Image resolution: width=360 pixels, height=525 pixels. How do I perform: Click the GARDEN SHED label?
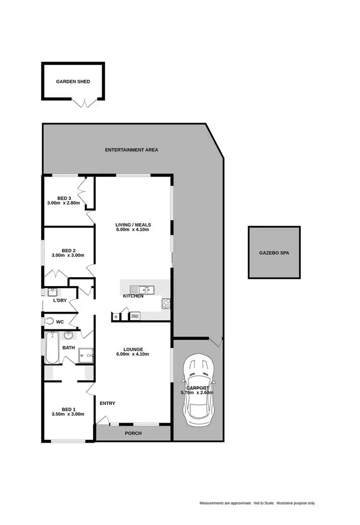(x=73, y=82)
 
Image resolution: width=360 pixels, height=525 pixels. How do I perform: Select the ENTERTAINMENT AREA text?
(x=132, y=150)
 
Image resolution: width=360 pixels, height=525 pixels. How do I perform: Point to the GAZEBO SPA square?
(x=274, y=252)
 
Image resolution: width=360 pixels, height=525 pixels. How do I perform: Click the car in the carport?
(x=198, y=387)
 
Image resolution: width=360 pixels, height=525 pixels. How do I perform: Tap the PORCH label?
(x=133, y=433)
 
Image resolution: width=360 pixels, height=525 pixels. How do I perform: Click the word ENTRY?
(x=107, y=403)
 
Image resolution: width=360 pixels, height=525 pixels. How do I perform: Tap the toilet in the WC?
(x=49, y=321)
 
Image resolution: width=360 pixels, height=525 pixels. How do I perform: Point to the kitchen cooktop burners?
(x=166, y=303)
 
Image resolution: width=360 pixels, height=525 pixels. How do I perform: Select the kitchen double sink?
(x=142, y=289)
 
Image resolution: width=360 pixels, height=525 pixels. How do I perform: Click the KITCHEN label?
(x=133, y=296)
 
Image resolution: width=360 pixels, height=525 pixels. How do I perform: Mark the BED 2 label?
(x=69, y=250)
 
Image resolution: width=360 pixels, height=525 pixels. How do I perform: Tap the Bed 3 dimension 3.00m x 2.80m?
(x=66, y=203)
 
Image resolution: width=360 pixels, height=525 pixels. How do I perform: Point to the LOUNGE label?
(x=133, y=349)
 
